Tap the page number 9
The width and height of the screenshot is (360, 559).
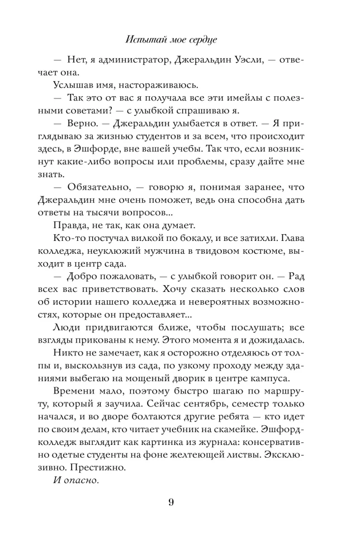tap(171, 501)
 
